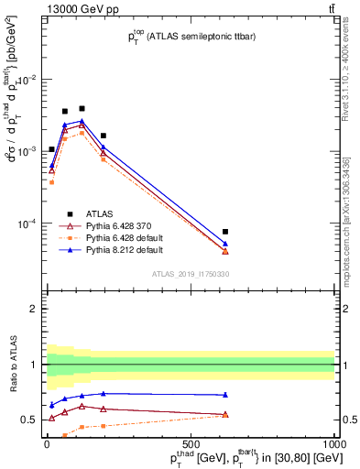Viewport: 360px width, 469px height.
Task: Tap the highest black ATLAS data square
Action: click(x=82, y=108)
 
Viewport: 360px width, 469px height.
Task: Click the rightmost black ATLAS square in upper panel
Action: click(x=225, y=232)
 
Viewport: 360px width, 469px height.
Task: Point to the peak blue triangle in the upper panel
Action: click(x=82, y=120)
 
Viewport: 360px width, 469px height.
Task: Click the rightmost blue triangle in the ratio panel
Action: click(x=225, y=395)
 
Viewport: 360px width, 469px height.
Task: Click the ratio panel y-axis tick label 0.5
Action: click(x=30, y=420)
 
